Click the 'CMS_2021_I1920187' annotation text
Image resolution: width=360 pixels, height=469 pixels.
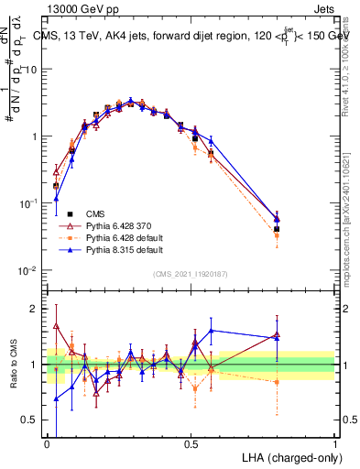[x=191, y=272]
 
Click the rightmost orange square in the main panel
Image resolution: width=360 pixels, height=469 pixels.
[x=277, y=236]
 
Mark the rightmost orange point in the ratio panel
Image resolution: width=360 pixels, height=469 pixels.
[x=277, y=382]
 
